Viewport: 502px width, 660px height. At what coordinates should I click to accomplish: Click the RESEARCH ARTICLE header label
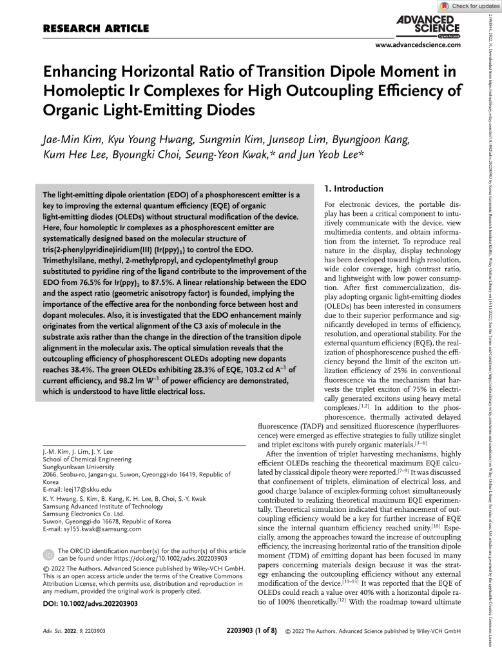coord(95,28)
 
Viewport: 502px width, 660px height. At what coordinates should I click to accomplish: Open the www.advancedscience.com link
coord(418,44)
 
